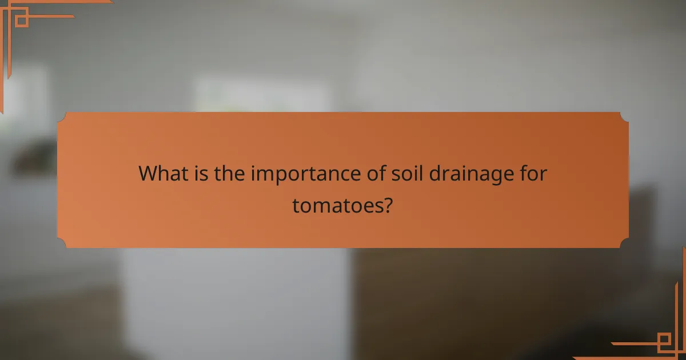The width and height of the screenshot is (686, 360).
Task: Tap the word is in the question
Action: tap(200, 173)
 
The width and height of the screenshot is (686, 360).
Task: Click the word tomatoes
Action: tap(336, 205)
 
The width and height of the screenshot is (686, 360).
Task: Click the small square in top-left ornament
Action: tap(21, 21)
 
